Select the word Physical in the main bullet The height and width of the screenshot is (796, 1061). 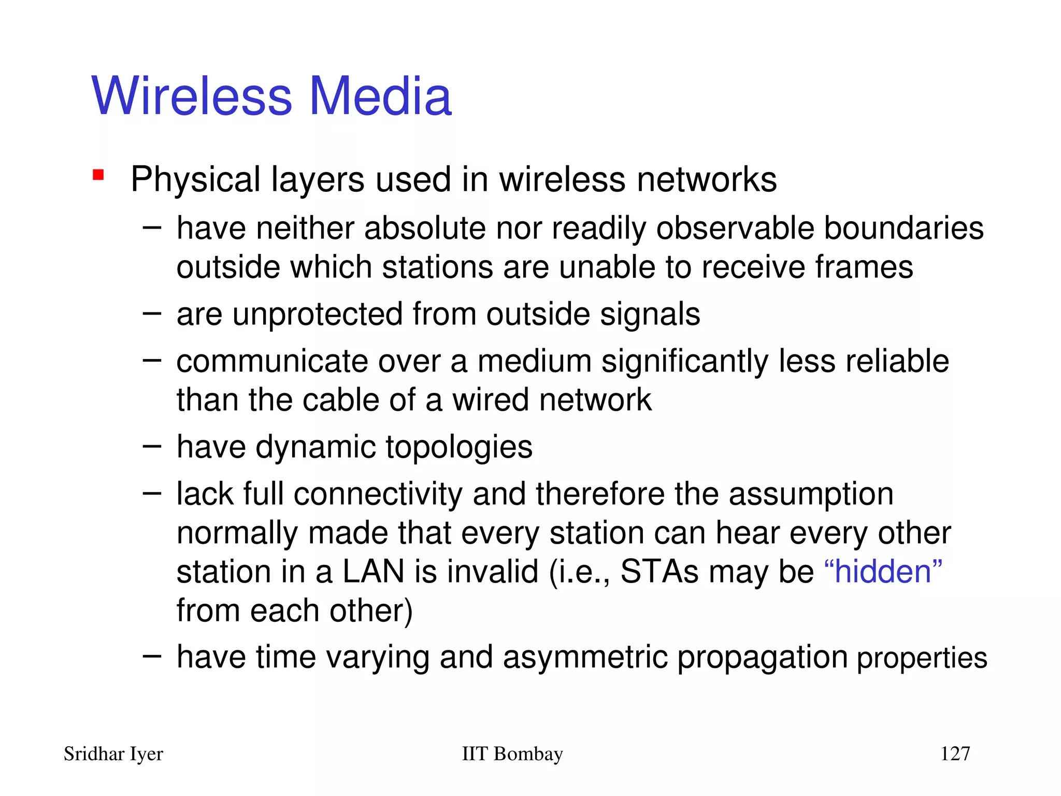coord(196,180)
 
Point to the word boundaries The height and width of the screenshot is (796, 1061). coord(904,229)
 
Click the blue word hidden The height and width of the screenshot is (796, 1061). coord(883,572)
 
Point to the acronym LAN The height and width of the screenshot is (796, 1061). coord(373,572)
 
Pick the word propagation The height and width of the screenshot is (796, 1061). coord(762,657)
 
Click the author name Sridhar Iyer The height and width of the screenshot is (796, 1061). coord(113,754)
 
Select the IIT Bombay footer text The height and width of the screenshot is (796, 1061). coord(512,754)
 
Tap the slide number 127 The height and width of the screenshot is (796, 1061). coord(955,754)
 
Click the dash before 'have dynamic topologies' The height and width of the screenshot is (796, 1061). coord(152,446)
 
